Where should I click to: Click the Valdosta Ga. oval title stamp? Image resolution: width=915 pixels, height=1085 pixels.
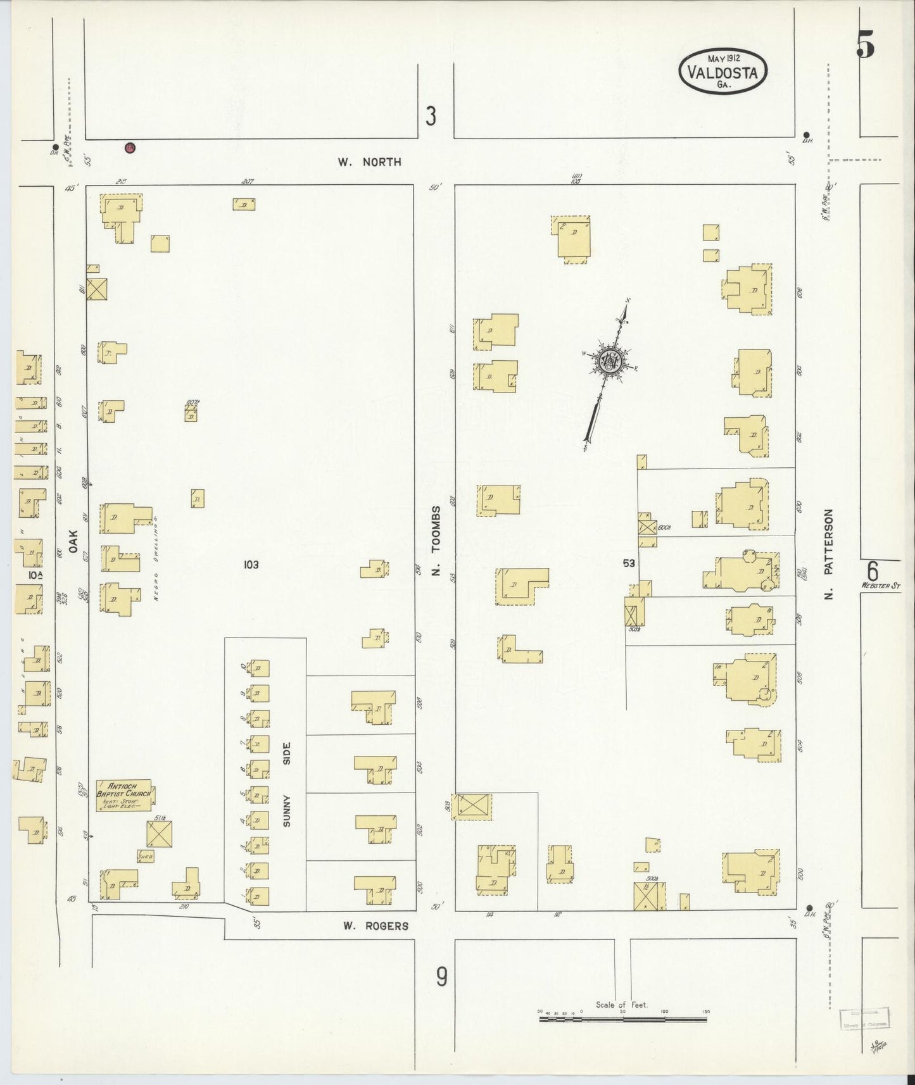tap(723, 71)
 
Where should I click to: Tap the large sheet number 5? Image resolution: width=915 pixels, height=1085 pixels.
tap(866, 43)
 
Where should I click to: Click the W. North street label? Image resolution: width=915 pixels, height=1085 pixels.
tap(369, 162)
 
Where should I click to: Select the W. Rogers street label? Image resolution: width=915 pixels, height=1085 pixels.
tap(375, 925)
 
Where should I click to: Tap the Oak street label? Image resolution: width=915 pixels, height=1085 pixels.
tap(73, 542)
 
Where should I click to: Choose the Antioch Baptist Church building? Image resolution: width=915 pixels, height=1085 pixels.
tap(123, 794)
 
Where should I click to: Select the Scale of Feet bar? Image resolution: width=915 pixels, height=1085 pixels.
tap(623, 1019)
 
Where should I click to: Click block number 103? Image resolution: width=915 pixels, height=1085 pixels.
tap(251, 564)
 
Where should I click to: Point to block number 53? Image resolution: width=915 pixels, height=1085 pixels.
tap(629, 563)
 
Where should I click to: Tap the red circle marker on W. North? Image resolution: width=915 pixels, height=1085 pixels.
tap(130, 148)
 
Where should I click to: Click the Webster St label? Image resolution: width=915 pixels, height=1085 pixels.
tap(880, 586)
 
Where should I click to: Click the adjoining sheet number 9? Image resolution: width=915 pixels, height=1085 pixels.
tap(441, 977)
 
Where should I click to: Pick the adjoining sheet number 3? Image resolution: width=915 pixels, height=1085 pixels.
tap(431, 116)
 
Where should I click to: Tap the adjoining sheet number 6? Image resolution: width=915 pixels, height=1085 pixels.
tap(873, 571)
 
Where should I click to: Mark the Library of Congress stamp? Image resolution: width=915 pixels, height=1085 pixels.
tap(864, 1018)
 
